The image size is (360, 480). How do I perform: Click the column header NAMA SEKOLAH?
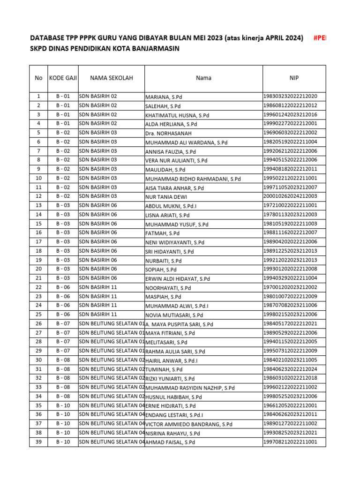(x=111, y=78)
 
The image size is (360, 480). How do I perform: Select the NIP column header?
(x=294, y=78)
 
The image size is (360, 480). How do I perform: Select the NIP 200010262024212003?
(x=291, y=196)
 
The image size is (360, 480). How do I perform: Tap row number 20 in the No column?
(x=38, y=269)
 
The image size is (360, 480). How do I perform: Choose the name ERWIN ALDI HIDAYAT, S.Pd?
(x=178, y=279)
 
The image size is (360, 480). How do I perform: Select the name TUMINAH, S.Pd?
(x=164, y=370)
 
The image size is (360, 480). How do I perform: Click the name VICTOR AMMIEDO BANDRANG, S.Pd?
(x=189, y=424)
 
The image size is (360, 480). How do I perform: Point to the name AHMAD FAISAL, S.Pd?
(x=170, y=442)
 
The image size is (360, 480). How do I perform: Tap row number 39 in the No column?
(x=38, y=442)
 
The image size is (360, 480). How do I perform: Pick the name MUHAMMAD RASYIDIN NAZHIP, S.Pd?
(x=190, y=388)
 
